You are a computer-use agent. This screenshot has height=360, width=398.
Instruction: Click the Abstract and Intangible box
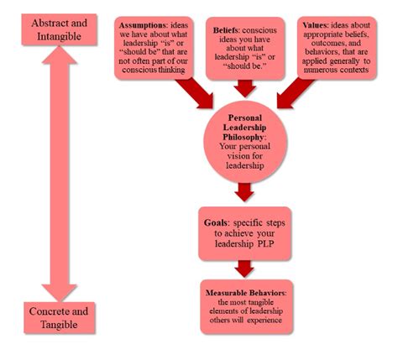point(59,29)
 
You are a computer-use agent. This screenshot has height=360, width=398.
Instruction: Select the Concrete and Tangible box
point(60,318)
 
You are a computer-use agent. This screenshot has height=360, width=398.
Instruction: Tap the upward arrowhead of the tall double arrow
point(59,55)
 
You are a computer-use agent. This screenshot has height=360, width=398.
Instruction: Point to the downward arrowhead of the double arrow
point(59,293)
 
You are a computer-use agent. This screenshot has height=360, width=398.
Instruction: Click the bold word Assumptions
point(143,25)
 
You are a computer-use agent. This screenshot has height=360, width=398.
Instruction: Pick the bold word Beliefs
point(226,30)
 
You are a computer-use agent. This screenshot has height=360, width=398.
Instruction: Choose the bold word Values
point(315,25)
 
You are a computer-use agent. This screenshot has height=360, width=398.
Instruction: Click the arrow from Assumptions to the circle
point(196,93)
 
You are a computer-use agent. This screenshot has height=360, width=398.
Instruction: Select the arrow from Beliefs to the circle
point(245,88)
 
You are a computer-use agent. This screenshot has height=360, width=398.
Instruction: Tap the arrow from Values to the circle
point(295,93)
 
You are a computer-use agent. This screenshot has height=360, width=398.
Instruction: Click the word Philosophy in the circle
point(244,137)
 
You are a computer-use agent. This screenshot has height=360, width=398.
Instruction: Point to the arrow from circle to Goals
point(244,192)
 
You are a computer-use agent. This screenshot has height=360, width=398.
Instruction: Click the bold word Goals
point(216,223)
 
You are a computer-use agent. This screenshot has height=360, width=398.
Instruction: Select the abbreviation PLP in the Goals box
point(265,243)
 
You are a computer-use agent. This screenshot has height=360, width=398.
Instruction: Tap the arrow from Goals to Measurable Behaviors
point(244,269)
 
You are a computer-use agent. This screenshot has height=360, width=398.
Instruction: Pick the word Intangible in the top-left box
point(59,37)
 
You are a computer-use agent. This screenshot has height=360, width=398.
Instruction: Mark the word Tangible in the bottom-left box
point(59,325)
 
